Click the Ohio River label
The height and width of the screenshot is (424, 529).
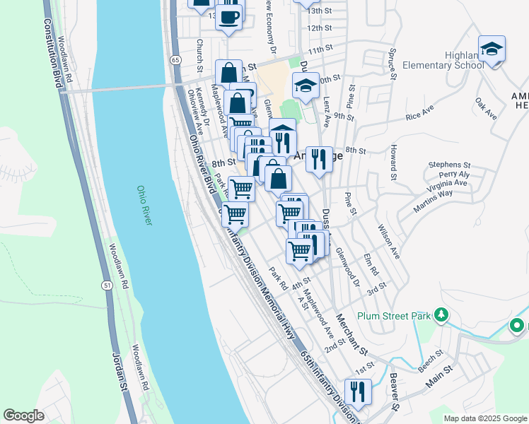pyautogui.click(x=144, y=206)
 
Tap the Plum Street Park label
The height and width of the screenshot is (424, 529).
pyautogui.click(x=394, y=317)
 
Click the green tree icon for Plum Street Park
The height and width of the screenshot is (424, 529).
pyautogui.click(x=442, y=314)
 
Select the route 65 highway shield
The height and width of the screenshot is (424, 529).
pyautogui.click(x=174, y=60)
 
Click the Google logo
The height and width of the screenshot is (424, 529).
pyautogui.click(x=23, y=416)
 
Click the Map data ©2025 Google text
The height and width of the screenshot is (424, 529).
pyautogui.click(x=484, y=418)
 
